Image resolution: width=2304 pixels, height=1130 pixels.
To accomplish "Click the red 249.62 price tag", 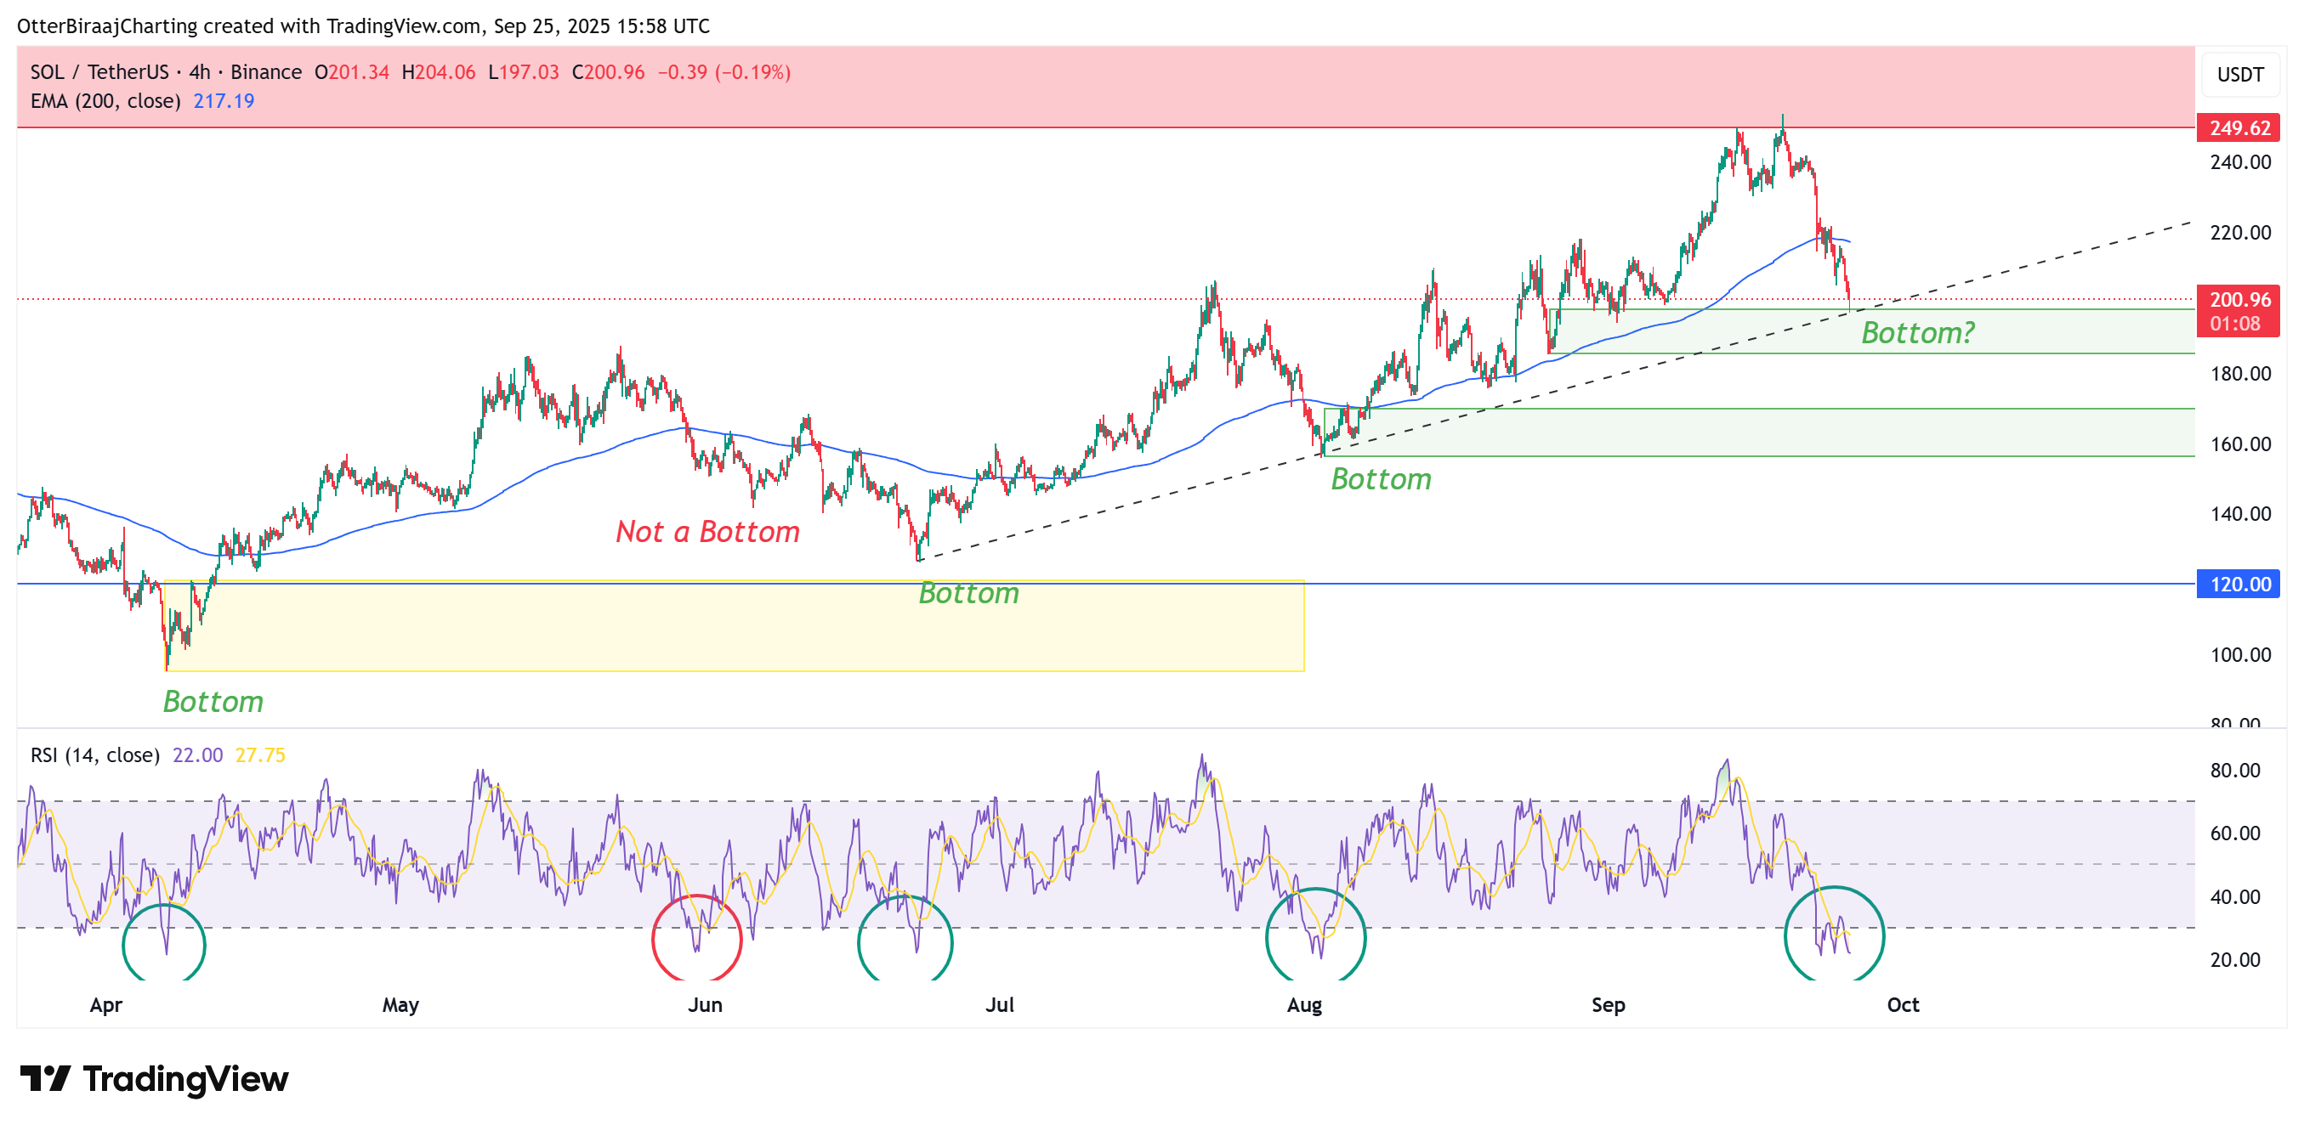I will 2238,127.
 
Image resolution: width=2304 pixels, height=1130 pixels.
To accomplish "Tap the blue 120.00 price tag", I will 2238,584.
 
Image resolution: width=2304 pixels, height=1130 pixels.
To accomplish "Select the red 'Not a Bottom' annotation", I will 707,532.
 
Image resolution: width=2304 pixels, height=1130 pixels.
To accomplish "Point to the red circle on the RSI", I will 697,938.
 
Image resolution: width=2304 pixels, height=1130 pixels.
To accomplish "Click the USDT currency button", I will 2239,74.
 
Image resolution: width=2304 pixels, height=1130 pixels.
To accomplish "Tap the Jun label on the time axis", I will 705,1005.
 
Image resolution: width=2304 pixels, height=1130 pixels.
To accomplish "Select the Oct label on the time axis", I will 1903,1005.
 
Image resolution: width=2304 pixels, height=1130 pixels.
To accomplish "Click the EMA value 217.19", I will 224,101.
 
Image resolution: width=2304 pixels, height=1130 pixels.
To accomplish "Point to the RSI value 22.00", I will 197,755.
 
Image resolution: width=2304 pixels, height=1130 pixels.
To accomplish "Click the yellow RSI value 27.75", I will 260,755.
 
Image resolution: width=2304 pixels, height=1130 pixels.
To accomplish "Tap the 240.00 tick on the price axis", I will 2239,161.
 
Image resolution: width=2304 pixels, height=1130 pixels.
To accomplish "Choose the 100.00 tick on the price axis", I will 2239,654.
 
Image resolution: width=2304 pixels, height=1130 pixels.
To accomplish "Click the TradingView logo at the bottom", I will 154,1079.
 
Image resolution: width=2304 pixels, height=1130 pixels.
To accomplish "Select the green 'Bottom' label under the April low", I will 213,702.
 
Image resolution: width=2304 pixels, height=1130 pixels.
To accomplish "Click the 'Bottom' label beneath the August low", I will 1381,479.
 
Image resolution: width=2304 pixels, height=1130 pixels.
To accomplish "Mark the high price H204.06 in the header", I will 438,72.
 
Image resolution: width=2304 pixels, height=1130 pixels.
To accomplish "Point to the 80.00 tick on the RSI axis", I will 2234,771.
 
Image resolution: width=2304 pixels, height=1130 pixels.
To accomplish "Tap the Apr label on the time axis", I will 105,1005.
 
